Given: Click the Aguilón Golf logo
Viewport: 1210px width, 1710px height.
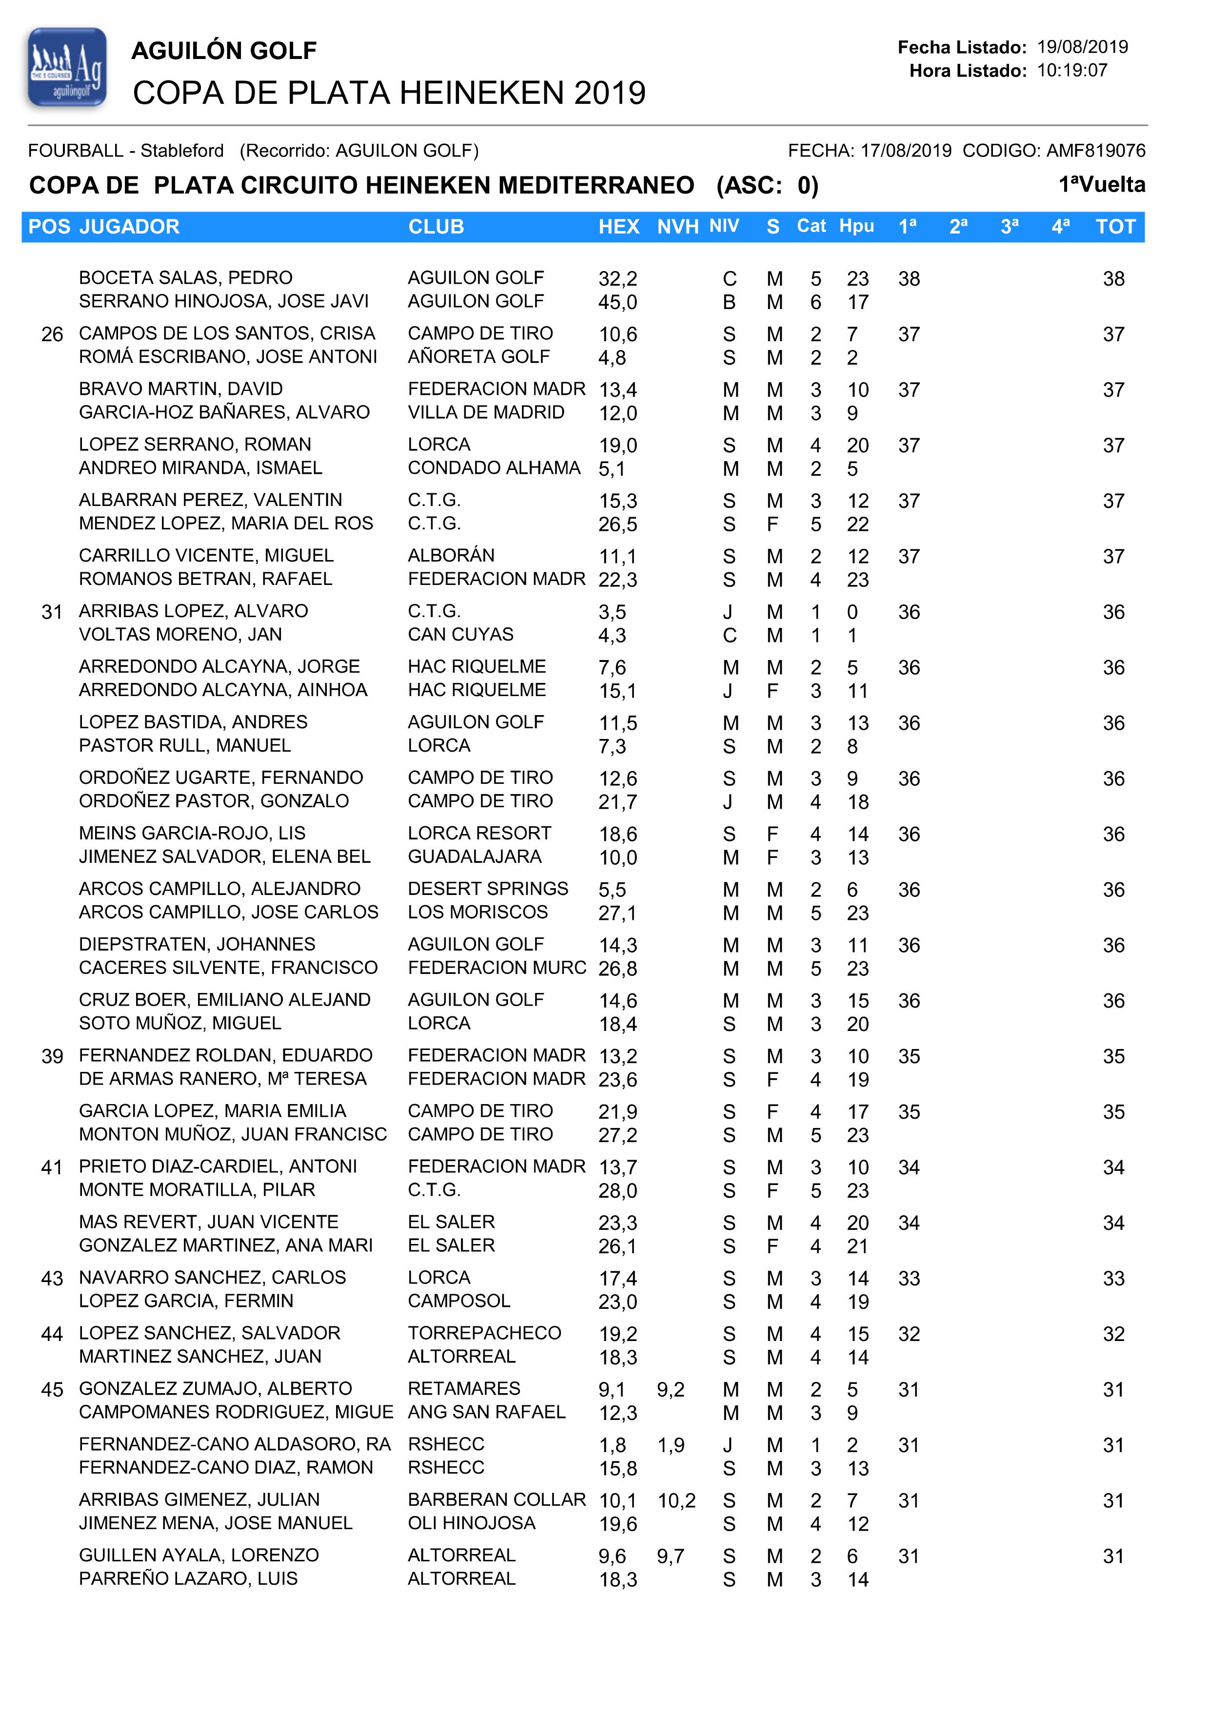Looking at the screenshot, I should (x=67, y=68).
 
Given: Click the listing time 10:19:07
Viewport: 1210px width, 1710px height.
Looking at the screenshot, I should (x=1071, y=71).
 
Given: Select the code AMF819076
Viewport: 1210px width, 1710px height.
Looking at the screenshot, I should (x=1095, y=151).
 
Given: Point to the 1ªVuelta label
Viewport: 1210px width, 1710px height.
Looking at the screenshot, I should (x=1101, y=185).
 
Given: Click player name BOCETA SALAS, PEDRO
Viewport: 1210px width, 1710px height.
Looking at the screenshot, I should (x=185, y=278).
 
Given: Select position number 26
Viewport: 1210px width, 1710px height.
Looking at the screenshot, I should (x=52, y=334).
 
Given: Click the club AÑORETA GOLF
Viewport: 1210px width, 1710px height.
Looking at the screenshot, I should (x=478, y=357).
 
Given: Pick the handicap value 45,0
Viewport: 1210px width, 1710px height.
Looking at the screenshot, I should (x=617, y=302).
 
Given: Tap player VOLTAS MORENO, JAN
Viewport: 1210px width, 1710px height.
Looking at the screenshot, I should (x=180, y=635).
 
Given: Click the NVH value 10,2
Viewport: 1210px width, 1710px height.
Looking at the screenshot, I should (x=676, y=1501).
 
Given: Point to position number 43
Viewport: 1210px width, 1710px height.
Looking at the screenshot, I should (x=52, y=1279).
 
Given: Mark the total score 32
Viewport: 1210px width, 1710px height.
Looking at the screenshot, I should (x=1113, y=1334).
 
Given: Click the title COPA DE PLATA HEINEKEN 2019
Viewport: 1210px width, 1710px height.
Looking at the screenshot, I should (x=389, y=93).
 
